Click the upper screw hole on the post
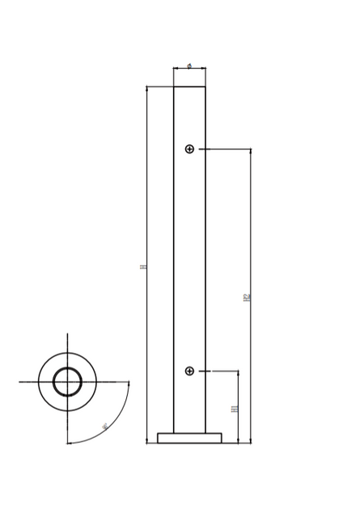(x=189, y=149)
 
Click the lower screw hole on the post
(x=189, y=371)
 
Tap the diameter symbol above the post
(x=189, y=66)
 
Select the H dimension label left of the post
(x=143, y=265)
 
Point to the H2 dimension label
(x=247, y=297)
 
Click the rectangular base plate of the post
(x=189, y=438)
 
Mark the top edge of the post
(x=189, y=87)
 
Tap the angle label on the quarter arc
(x=104, y=426)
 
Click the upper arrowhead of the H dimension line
(x=147, y=88)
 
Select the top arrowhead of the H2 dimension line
(x=250, y=151)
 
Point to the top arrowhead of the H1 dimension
(x=238, y=373)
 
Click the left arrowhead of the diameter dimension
(x=176, y=69)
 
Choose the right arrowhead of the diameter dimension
(x=203, y=69)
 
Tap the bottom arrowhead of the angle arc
(x=70, y=443)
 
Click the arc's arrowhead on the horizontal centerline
(x=129, y=384)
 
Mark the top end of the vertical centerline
(x=67, y=334)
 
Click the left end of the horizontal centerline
(x=20, y=381)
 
